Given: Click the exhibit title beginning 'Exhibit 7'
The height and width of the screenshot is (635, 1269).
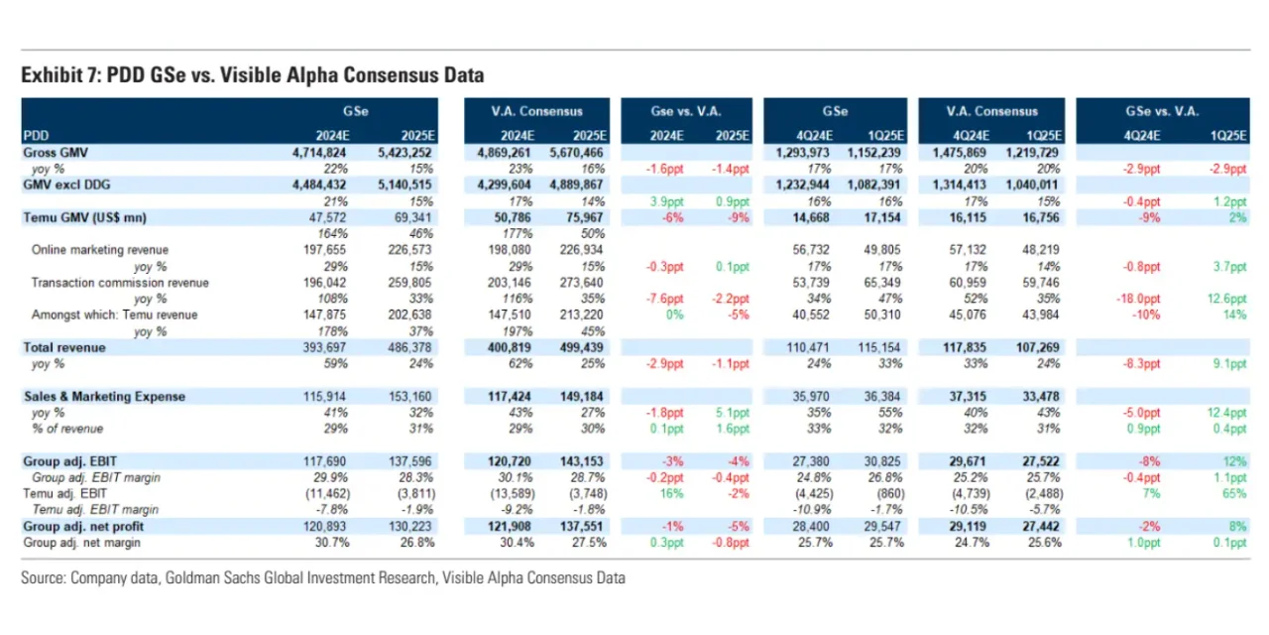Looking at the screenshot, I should point(252,76).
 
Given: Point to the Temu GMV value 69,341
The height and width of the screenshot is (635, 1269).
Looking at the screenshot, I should point(412,217).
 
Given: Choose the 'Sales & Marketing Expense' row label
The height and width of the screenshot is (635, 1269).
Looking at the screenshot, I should point(104,397).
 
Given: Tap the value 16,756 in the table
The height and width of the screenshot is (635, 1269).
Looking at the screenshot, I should point(1040,217).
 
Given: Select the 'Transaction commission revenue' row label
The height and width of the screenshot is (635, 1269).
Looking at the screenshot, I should point(119,283).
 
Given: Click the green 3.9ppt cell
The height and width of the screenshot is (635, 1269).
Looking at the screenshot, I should point(671,201).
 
